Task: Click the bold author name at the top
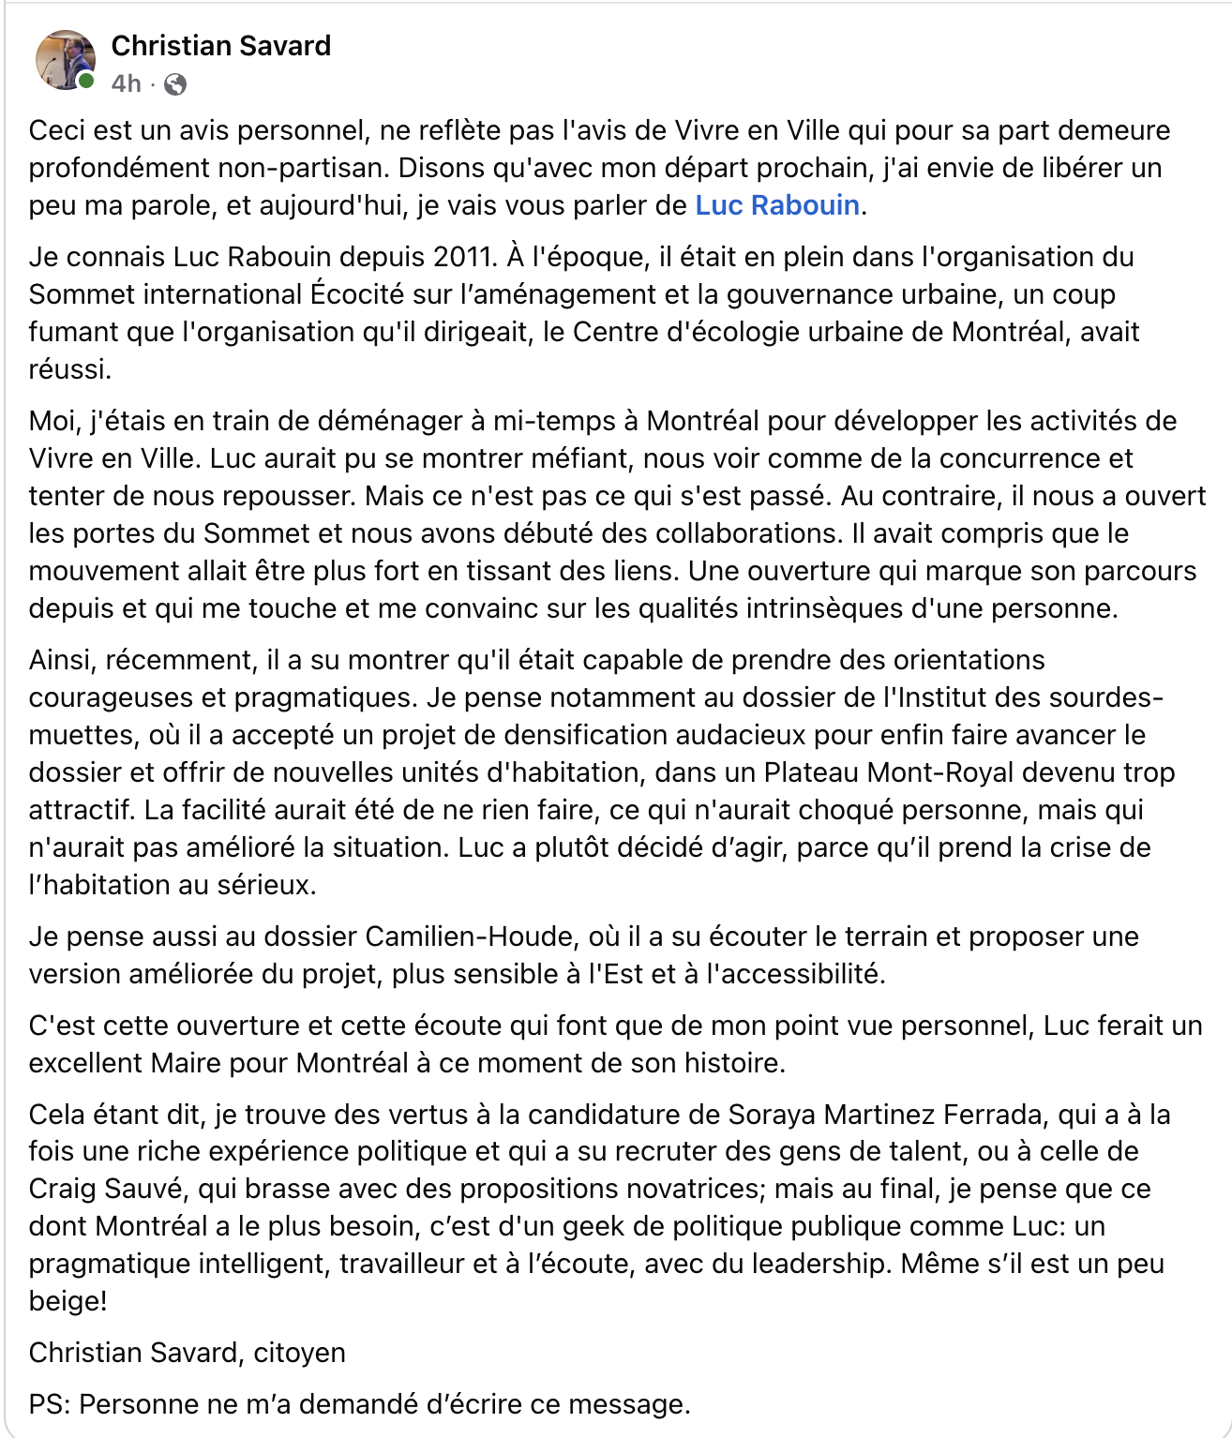click(221, 46)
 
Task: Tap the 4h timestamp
click(126, 84)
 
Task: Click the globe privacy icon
click(175, 84)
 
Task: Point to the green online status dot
click(86, 82)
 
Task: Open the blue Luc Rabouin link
click(776, 205)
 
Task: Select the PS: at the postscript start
click(50, 1404)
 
